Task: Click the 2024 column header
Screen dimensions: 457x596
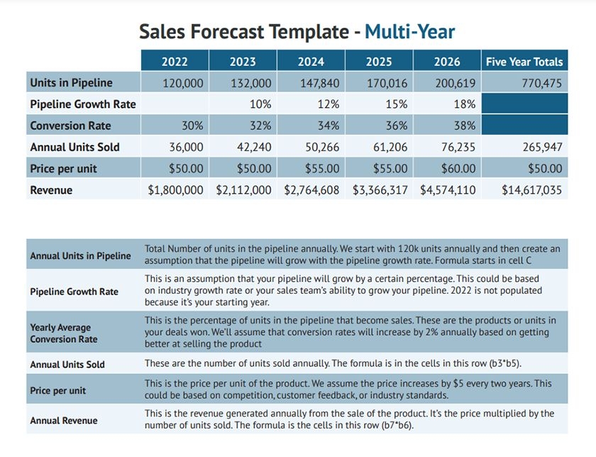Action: [311, 62]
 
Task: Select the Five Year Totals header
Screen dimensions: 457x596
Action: [524, 62]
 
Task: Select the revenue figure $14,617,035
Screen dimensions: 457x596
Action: [531, 190]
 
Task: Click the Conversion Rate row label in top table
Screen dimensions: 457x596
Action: [71, 126]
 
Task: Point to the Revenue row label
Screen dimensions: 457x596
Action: [51, 190]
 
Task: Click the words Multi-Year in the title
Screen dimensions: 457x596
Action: [409, 31]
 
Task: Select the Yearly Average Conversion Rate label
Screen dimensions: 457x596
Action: [64, 334]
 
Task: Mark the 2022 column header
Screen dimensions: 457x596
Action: [175, 62]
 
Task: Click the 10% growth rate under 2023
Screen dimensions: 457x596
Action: [260, 104]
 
